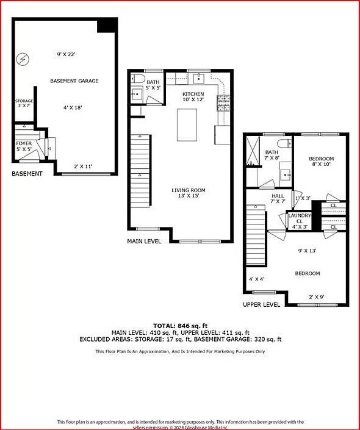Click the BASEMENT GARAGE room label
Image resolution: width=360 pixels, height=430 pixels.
pyautogui.click(x=74, y=81)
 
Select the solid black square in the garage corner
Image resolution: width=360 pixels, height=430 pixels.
pyautogui.click(x=107, y=25)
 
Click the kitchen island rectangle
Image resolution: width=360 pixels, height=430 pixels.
pyautogui.click(x=187, y=126)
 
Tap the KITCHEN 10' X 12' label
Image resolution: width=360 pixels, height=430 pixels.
pyautogui.click(x=193, y=96)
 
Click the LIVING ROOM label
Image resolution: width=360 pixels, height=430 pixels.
pyautogui.click(x=188, y=193)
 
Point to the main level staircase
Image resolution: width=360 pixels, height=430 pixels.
pyautogui.click(x=140, y=171)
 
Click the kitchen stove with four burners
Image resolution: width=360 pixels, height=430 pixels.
pyautogui.click(x=222, y=102)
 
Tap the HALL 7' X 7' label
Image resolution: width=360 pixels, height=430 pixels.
pyautogui.click(x=278, y=199)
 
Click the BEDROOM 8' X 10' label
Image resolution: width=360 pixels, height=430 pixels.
pyautogui.click(x=321, y=162)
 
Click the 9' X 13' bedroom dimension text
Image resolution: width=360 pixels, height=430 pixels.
pyautogui.click(x=307, y=251)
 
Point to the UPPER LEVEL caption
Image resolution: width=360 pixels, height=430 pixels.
pyautogui.click(x=261, y=304)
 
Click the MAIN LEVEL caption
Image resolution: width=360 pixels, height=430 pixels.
pyautogui.click(x=144, y=242)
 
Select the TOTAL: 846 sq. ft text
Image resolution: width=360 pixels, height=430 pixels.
pyautogui.click(x=180, y=326)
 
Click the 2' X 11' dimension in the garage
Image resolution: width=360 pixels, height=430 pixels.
pyautogui.click(x=84, y=167)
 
